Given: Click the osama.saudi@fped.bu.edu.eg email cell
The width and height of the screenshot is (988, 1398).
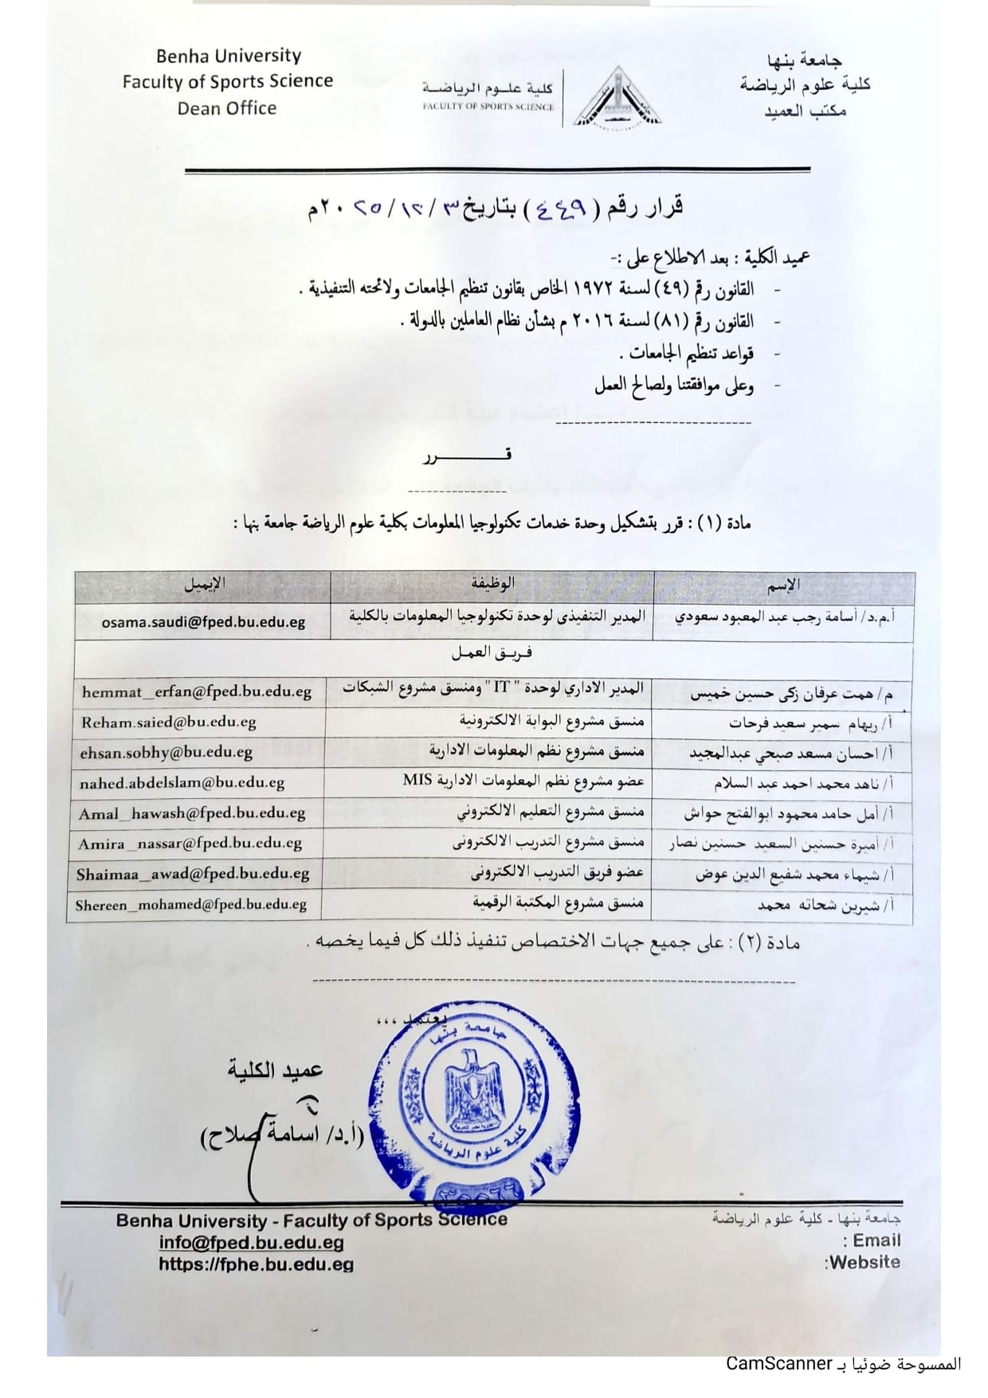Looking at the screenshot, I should point(203,622).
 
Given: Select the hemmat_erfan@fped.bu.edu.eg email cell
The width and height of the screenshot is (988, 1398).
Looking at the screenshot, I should point(196,691).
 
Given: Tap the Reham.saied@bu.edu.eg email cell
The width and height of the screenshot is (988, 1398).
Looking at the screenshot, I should point(168,722).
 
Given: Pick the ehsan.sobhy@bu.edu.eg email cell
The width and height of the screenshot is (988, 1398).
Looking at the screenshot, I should point(166,752).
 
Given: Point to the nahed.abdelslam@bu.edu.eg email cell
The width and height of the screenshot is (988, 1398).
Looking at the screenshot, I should point(182,783).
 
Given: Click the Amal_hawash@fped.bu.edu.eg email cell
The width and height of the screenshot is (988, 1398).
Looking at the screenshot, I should point(192,813).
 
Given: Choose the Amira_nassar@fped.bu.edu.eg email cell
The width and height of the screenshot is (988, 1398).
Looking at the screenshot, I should point(190,844).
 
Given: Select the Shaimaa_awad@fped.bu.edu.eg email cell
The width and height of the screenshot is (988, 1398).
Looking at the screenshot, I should point(193,874).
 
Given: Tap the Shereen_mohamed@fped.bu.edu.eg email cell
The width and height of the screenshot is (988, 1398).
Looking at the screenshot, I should point(191,905).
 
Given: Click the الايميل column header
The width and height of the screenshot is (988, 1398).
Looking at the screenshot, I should point(204,585).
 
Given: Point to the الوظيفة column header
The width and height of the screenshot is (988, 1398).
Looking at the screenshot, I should point(492,584).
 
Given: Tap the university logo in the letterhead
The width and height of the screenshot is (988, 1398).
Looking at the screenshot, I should point(616,97).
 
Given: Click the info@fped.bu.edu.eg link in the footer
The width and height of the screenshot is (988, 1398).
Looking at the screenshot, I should point(251,1242).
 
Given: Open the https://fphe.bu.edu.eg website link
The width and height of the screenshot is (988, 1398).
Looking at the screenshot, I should point(256,1263).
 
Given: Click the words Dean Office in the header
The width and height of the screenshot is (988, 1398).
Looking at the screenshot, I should point(227,108).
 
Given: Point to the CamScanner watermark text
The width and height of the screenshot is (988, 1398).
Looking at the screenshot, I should point(778,1363).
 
